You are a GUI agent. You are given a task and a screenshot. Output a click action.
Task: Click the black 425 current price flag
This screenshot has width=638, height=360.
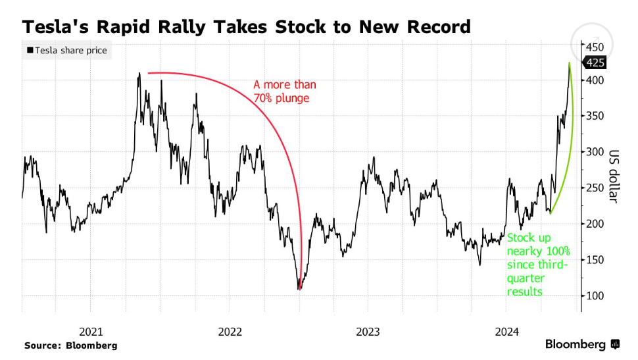596,63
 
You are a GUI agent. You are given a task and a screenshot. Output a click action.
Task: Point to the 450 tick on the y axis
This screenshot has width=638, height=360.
595,47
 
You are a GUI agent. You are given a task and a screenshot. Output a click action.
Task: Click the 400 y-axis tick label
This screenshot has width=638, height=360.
595,80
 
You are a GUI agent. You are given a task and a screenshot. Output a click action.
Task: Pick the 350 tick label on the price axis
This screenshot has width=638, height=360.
595,116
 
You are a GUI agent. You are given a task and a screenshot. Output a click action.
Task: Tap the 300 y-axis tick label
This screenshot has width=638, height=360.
595,152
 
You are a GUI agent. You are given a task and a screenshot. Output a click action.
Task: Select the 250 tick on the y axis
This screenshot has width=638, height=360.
595,188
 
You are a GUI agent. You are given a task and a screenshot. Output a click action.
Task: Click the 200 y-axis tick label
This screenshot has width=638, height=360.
595,224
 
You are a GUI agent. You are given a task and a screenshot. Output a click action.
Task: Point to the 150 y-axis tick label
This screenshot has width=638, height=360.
595,260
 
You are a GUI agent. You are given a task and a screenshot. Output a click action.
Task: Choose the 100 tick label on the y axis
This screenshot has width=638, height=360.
595,296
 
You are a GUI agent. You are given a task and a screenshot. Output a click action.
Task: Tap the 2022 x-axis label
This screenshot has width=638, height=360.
230,332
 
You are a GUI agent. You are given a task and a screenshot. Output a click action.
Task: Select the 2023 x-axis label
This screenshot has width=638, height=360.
368,332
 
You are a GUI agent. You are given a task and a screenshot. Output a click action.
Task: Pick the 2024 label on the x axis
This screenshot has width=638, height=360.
507,332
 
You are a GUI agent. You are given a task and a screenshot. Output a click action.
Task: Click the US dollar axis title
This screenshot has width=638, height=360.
614,174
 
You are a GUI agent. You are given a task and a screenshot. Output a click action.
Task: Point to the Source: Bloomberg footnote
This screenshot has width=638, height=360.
71,345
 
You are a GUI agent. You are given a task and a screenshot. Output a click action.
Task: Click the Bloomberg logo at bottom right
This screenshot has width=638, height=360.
581,344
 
